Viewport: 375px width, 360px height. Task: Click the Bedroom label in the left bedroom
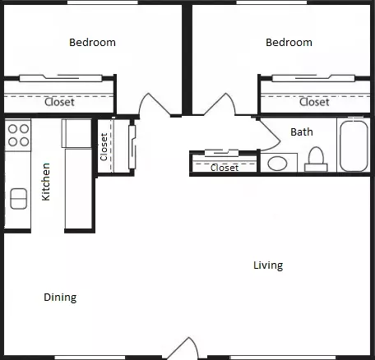pyautogui.click(x=92, y=43)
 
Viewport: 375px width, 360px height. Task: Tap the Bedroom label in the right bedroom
pyautogui.click(x=289, y=43)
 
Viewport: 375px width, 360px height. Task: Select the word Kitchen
pyautogui.click(x=46, y=182)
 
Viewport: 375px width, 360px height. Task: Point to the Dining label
pyautogui.click(x=60, y=298)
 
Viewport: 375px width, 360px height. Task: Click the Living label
pyautogui.click(x=268, y=265)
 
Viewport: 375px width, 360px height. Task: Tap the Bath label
pyautogui.click(x=302, y=132)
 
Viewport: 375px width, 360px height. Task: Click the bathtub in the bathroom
pyautogui.click(x=354, y=146)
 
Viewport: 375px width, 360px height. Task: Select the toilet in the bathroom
pyautogui.click(x=316, y=159)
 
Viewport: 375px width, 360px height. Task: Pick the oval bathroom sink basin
pyautogui.click(x=277, y=164)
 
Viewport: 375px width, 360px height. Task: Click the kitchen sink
pyautogui.click(x=19, y=199)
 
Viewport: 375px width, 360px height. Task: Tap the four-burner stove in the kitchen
pyautogui.click(x=18, y=135)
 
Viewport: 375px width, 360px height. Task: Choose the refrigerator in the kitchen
pyautogui.click(x=76, y=133)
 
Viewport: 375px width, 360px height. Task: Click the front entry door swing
pyautogui.click(x=183, y=348)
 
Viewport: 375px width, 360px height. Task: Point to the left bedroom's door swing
pyautogui.click(x=155, y=104)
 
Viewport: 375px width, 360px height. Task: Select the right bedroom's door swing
pyautogui.click(x=220, y=104)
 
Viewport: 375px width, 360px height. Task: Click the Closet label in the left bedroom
pyautogui.click(x=59, y=102)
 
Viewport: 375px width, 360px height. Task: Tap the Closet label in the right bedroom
pyautogui.click(x=314, y=102)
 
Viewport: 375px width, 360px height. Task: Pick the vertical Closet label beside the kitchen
pyautogui.click(x=104, y=147)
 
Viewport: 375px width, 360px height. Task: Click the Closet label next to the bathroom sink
pyautogui.click(x=225, y=168)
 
